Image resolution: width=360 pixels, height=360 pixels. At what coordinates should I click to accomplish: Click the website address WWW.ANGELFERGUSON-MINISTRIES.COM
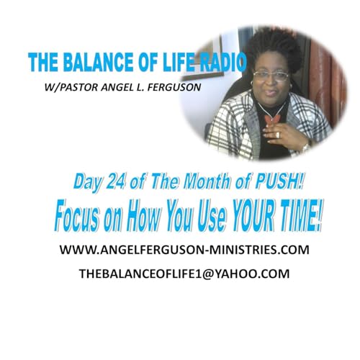pos(179,251)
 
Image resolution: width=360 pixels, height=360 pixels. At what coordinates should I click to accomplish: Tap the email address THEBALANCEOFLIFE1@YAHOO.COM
pos(179,274)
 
